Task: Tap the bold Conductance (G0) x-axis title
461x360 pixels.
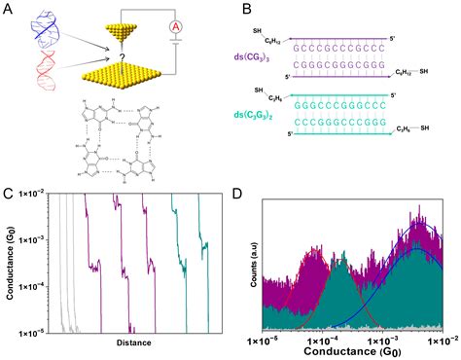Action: click(354, 350)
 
